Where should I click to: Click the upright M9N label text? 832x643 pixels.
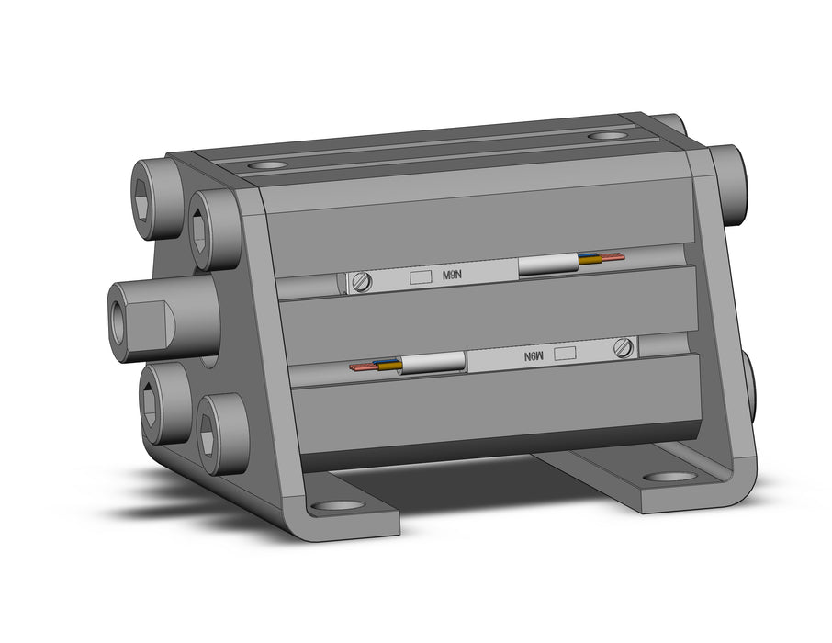click(x=452, y=275)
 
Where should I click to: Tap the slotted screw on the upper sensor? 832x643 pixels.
click(x=363, y=282)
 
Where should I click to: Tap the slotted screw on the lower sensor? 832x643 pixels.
click(x=624, y=348)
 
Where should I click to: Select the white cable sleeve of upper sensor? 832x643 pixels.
click(x=548, y=265)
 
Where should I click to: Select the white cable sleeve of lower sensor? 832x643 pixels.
click(x=433, y=364)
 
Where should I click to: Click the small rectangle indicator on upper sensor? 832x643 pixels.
click(x=422, y=276)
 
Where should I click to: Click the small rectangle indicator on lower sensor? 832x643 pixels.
click(x=565, y=354)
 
